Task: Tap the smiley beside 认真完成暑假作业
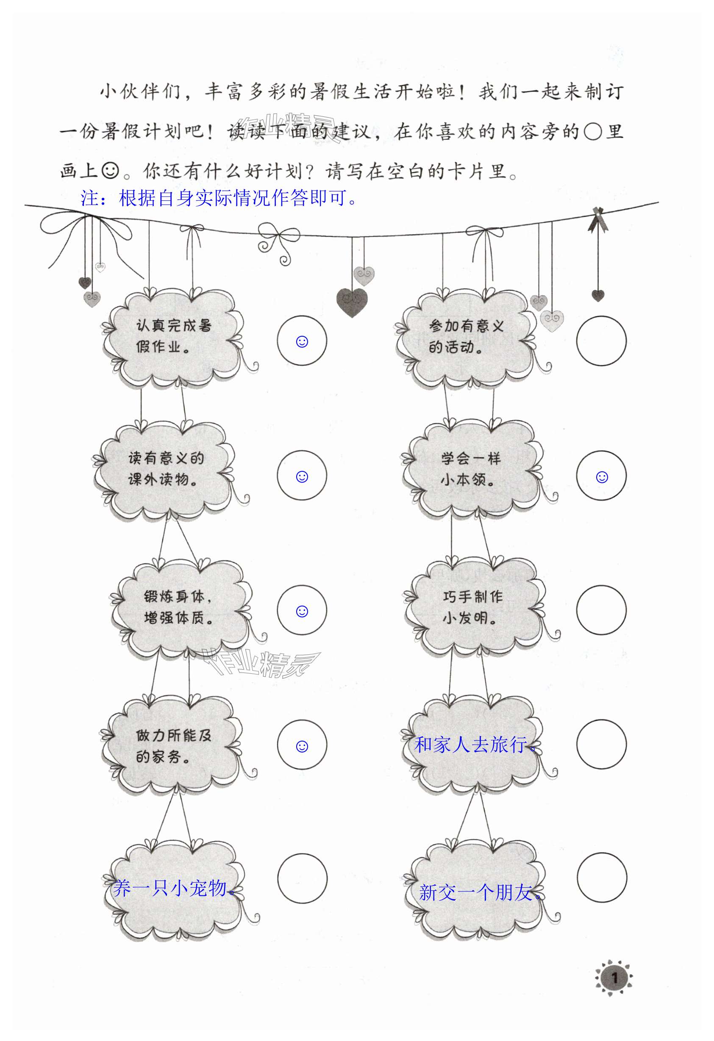coord(302,342)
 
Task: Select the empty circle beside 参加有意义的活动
coord(601,341)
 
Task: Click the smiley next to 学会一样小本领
coord(602,477)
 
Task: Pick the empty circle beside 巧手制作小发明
coord(601,610)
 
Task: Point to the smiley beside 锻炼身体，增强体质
coord(302,611)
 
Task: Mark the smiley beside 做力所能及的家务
coord(302,746)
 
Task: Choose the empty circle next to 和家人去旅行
coord(601,745)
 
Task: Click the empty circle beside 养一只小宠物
coord(302,878)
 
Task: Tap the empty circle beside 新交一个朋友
coord(601,878)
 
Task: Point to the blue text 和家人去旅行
coord(475,745)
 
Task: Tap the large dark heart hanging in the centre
coord(352,302)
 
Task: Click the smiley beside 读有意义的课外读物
coord(302,476)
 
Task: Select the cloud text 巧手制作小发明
coord(472,607)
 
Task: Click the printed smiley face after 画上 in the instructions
coord(110,170)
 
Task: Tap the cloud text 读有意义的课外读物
coord(166,468)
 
